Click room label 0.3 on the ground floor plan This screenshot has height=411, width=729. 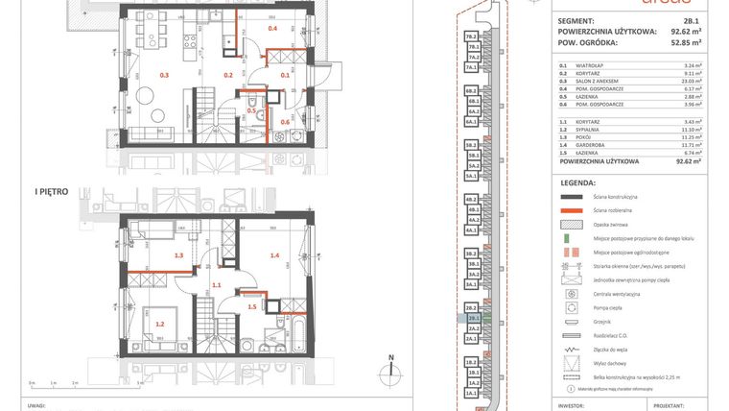pos(164,74)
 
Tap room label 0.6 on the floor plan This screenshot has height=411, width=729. pos(284,122)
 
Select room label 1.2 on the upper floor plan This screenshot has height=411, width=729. pos(159,324)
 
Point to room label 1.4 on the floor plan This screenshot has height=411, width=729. pos(274,255)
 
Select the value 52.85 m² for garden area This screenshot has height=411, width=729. pos(684,42)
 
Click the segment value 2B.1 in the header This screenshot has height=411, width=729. pos(691,20)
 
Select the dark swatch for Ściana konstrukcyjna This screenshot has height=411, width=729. pos(573,195)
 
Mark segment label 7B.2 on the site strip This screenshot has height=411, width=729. pos(471,36)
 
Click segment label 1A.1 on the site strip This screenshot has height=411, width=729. pos(471,394)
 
